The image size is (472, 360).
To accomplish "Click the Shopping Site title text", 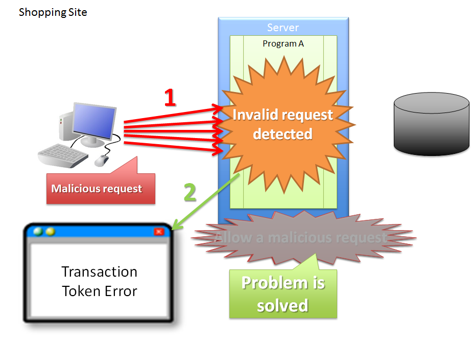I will click(53, 12).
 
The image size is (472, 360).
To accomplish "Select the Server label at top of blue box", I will click(282, 28).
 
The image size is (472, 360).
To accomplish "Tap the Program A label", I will click(283, 43).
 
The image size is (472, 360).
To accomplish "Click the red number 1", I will click(170, 97).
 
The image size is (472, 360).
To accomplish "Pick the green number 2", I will click(190, 193).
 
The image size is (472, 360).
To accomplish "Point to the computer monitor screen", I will click(93, 121).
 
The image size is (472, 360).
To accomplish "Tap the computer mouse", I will click(102, 160).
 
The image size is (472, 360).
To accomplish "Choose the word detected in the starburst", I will click(282, 134).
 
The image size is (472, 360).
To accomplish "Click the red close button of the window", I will click(159, 232).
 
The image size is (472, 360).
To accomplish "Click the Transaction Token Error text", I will click(100, 281).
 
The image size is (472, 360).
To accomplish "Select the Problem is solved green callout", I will click(282, 294).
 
